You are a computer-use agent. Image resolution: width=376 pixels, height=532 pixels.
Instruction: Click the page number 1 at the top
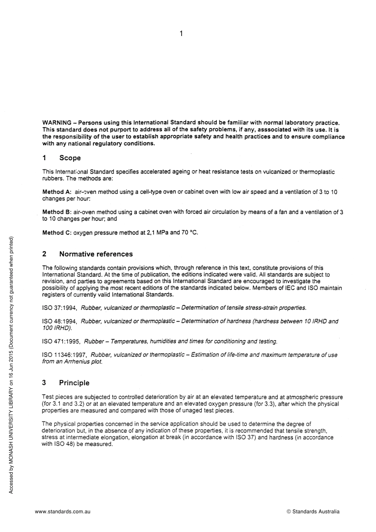pos(181,34)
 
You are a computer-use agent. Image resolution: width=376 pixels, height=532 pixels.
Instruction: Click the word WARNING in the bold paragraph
pos(57,123)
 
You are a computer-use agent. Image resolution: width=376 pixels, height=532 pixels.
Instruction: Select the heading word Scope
pos(70,158)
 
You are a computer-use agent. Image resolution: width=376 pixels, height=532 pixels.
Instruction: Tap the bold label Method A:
pos(57,192)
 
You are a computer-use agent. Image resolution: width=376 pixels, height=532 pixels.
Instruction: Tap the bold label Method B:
pos(57,212)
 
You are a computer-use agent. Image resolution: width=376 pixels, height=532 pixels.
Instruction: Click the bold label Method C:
pos(57,233)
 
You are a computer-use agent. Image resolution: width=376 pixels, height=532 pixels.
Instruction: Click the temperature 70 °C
pos(190,233)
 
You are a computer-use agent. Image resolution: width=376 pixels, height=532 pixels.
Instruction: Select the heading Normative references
pos(96,254)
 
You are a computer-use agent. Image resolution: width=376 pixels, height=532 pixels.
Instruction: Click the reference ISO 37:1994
pos(59,308)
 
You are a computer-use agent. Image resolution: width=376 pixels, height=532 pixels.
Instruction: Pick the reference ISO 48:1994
pos(59,322)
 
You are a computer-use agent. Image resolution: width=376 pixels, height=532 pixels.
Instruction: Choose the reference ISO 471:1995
pos(61,341)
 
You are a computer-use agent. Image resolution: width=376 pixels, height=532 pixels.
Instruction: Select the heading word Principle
pos(74,383)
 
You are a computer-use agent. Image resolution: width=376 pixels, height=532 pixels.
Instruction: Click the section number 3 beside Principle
pos(44,383)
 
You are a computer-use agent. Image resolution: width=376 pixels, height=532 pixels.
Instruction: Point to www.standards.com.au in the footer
pos(63,511)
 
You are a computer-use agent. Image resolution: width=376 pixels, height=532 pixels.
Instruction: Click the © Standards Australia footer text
pos(313,511)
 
